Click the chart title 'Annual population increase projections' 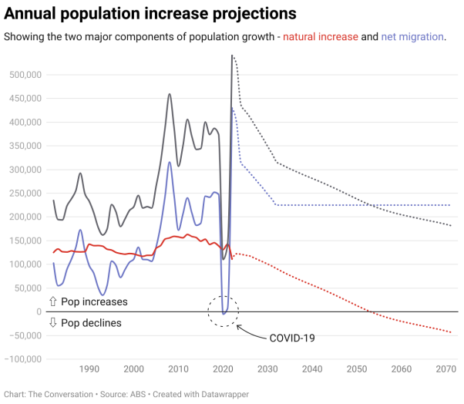(x=150, y=14)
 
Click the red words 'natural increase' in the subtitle (x=321, y=37)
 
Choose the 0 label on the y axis (x=37, y=311)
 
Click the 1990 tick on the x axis (x=89, y=369)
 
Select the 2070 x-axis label (x=446, y=369)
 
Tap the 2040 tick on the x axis (x=312, y=369)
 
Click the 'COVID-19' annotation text (x=291, y=338)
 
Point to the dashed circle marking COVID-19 (x=224, y=310)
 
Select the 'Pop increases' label (x=94, y=301)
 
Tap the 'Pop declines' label (x=91, y=323)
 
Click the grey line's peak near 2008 (x=170, y=94)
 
